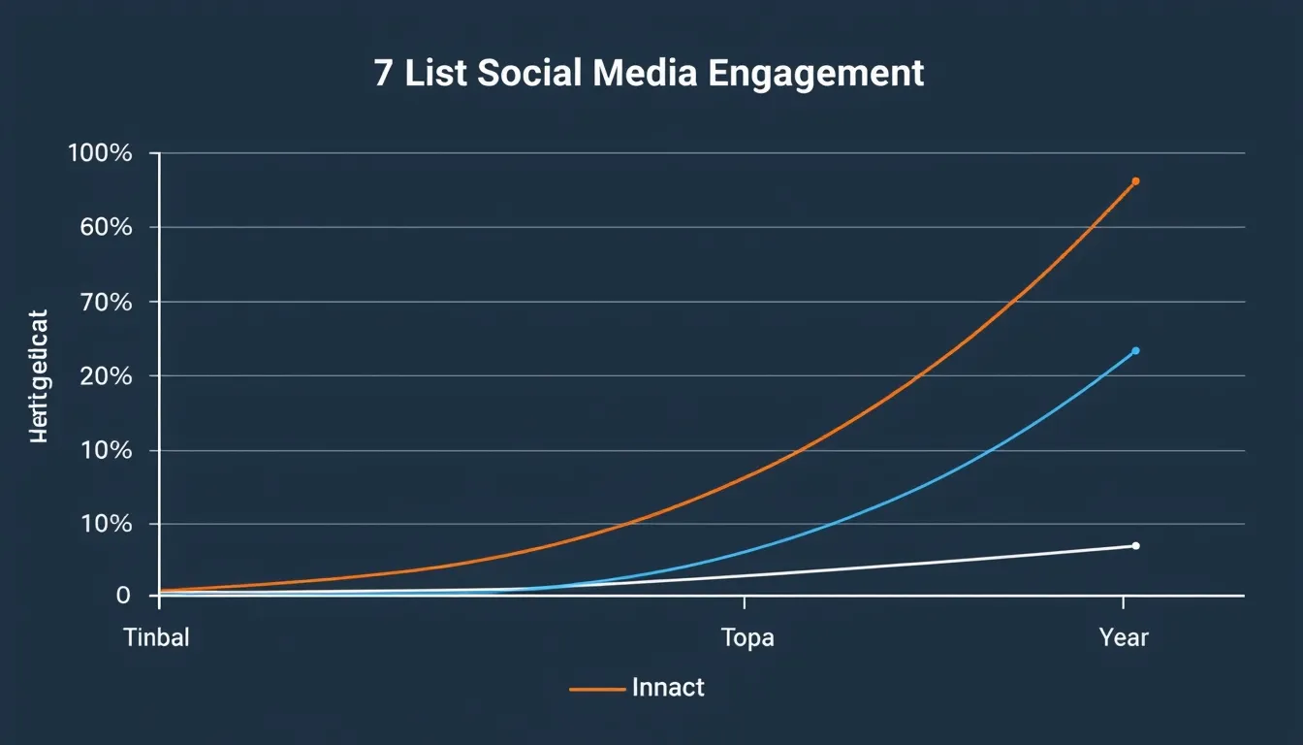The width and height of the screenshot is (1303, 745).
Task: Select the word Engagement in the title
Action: (x=815, y=76)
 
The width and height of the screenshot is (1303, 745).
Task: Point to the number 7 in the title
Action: (x=384, y=74)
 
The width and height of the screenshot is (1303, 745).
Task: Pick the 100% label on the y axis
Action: (x=100, y=153)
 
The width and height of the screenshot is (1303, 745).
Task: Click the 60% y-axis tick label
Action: (x=102, y=227)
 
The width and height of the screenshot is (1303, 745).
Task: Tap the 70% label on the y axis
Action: (x=102, y=302)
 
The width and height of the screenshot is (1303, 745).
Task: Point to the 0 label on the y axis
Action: (x=123, y=595)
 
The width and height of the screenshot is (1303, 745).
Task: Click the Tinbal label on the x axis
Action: (x=156, y=637)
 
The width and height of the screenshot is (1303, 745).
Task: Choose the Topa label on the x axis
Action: (x=747, y=637)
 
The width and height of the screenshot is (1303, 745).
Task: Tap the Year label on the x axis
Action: (x=1124, y=637)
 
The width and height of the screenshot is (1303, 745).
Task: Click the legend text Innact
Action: (x=668, y=688)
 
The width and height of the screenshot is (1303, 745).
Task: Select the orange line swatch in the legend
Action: (x=595, y=689)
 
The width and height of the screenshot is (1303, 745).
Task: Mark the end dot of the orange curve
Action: (x=1135, y=181)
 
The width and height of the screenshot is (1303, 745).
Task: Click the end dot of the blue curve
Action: (x=1135, y=350)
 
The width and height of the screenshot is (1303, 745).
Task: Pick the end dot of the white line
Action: (x=1135, y=545)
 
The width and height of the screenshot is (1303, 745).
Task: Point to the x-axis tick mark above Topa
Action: (x=744, y=602)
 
